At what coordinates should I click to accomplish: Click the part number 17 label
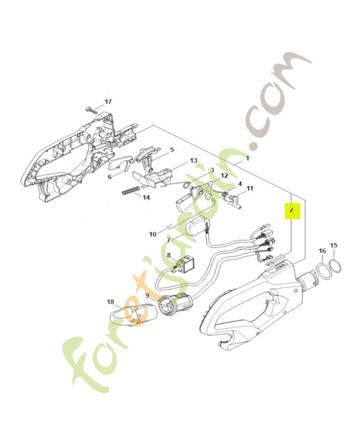tap(108, 102)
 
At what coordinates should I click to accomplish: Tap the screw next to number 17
tap(92, 110)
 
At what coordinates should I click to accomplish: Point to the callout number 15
tap(333, 245)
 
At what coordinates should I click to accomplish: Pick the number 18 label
tap(110, 302)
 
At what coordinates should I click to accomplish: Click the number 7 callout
tap(168, 240)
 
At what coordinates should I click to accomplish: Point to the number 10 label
tap(153, 234)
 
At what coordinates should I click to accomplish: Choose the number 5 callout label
tap(172, 149)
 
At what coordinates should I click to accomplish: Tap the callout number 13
tap(193, 160)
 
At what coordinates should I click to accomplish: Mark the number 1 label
tap(247, 159)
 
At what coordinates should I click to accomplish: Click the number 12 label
tap(224, 176)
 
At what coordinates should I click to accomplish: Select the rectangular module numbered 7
tap(198, 228)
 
